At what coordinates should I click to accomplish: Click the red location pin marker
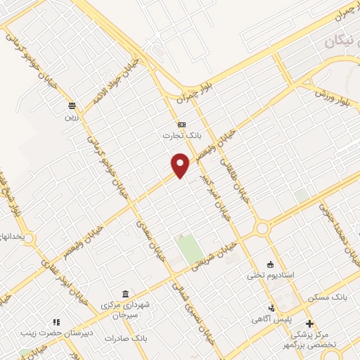[x=181, y=165]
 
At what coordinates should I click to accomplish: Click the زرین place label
[x=71, y=117]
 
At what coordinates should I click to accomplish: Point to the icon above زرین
[x=71, y=105]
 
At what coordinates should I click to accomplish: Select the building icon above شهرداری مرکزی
[x=125, y=293]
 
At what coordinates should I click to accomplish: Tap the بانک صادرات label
[x=125, y=338]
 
